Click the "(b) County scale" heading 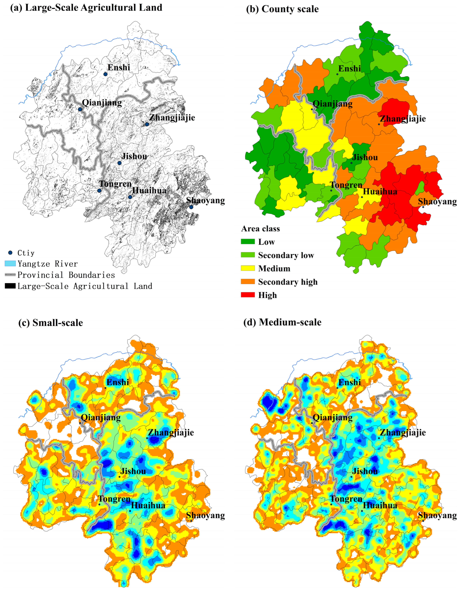coord(282,9)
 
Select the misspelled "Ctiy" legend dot coord(10,253)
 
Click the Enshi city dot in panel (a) coord(105,74)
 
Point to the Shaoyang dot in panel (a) coord(191,207)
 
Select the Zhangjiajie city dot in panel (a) coord(147,124)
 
